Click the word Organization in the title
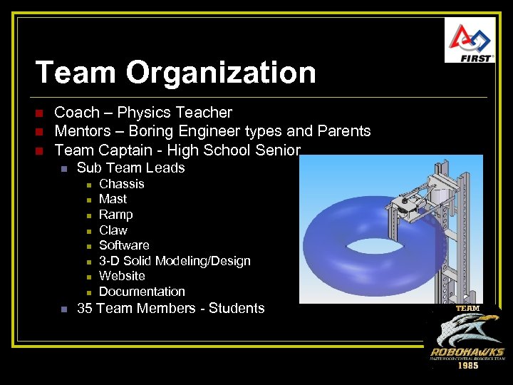[222, 73]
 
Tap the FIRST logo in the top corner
[470, 41]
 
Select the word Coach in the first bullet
[76, 113]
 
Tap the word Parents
[343, 131]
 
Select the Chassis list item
[122, 184]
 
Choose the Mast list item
[113, 199]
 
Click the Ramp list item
[116, 215]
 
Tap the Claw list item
[113, 230]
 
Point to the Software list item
[124, 245]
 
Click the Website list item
[122, 276]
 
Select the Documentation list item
[142, 292]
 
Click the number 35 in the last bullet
[85, 309]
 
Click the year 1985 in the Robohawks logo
[467, 366]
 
